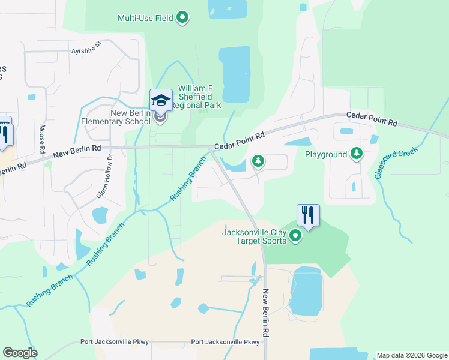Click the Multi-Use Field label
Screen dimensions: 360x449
click(x=146, y=17)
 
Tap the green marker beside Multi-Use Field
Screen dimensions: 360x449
click(x=183, y=17)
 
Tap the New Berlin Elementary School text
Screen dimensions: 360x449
click(x=130, y=117)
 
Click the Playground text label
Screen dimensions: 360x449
click(x=326, y=154)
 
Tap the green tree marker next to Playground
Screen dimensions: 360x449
click(x=357, y=154)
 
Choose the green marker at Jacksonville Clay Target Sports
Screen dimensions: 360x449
click(x=295, y=236)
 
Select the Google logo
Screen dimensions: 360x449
click(x=20, y=353)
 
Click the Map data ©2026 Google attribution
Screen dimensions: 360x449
click(x=411, y=355)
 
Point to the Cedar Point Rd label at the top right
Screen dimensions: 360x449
click(x=372, y=119)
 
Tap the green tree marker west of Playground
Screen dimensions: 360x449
click(x=258, y=160)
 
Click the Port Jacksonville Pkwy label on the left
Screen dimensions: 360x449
click(x=115, y=342)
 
